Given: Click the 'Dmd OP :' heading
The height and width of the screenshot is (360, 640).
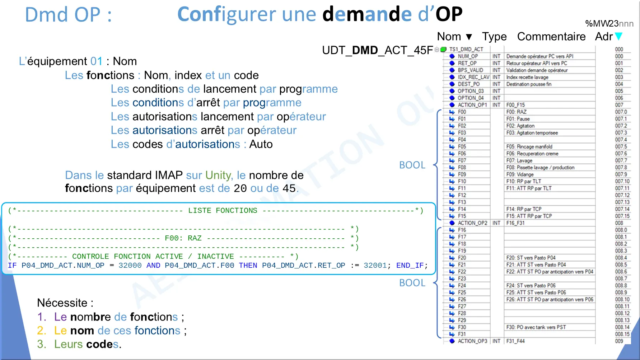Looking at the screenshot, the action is (x=68, y=15).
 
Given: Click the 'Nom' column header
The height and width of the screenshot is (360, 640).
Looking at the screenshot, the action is (x=449, y=36).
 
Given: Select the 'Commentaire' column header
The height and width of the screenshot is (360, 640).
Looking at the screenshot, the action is (x=551, y=36).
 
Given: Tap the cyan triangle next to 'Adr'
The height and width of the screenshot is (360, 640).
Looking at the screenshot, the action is (x=618, y=36).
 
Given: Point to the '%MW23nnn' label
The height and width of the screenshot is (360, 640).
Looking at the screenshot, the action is (x=609, y=24).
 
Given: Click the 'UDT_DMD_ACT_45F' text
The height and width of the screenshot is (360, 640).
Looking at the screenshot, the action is (x=378, y=50).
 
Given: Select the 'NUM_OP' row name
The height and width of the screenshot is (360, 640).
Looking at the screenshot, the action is (x=468, y=56).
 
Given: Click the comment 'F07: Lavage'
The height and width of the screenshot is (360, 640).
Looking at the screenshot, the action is (x=519, y=161).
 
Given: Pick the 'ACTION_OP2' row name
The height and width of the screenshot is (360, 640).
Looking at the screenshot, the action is (x=472, y=223).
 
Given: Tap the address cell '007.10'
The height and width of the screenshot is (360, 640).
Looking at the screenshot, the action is (x=622, y=182).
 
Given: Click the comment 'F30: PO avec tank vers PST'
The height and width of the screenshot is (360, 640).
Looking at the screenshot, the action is (x=536, y=327).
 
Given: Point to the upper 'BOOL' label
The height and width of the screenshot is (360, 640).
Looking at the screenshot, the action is (x=412, y=165).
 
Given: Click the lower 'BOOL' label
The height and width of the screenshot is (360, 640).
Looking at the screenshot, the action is (x=412, y=283).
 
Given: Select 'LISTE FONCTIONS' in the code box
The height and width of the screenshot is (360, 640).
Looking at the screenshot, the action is (x=223, y=211).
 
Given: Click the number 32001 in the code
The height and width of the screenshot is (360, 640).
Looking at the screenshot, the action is (x=375, y=266).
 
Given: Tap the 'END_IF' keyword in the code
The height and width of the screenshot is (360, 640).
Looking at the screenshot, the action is (x=410, y=266).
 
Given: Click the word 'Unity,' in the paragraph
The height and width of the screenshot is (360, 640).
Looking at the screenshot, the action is (x=219, y=176).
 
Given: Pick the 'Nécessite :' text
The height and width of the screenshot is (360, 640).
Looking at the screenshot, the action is (x=65, y=303).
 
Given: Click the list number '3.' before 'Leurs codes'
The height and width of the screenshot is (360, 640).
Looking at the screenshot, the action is (x=42, y=344).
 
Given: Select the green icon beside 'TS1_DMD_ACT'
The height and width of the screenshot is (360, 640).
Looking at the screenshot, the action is (x=443, y=50).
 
